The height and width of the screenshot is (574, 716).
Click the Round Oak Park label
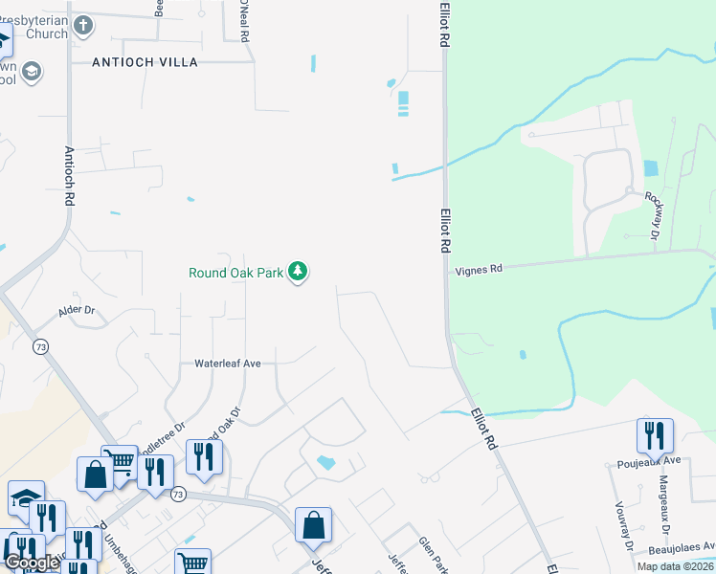click(235, 273)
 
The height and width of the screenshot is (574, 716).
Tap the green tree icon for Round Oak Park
click(299, 273)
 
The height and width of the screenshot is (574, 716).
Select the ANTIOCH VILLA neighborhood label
click(145, 62)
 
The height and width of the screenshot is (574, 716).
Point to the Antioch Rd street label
click(69, 177)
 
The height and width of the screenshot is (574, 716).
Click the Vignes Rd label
click(478, 270)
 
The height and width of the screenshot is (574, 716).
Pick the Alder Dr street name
click(78, 311)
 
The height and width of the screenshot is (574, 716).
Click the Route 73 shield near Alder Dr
click(40, 345)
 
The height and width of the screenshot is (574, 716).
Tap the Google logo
click(32, 563)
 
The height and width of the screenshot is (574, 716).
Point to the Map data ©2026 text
click(675, 566)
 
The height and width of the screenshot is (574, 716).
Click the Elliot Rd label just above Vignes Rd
click(445, 231)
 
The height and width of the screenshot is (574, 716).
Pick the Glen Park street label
click(431, 554)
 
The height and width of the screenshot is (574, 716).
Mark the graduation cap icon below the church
click(33, 73)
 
